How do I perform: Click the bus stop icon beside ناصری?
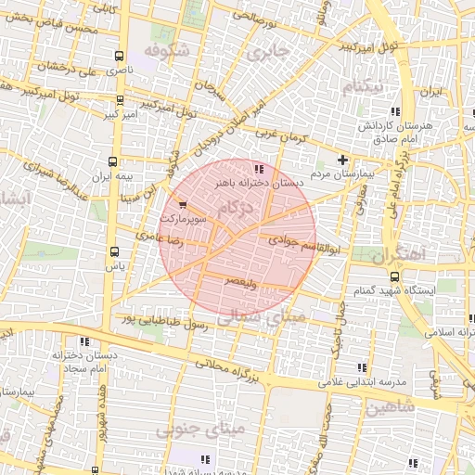click(117, 57)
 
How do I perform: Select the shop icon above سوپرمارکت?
click(182, 204)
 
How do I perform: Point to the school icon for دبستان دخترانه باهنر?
click(258, 169)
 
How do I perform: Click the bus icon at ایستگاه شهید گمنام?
click(395, 276)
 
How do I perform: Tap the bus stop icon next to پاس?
click(114, 251)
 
